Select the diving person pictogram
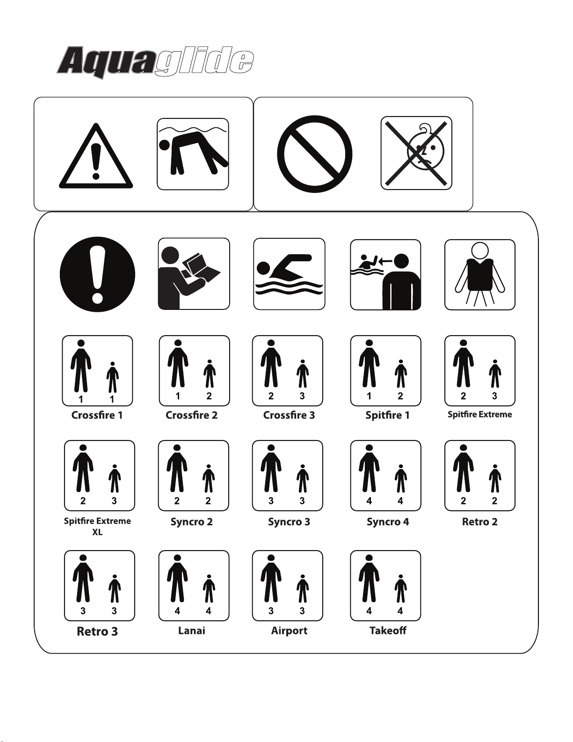pyautogui.click(x=193, y=154)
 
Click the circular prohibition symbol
pyautogui.click(x=314, y=154)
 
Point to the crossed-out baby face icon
pyautogui.click(x=416, y=153)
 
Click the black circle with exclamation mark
pyautogui.click(x=98, y=274)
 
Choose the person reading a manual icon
pyautogui.click(x=194, y=274)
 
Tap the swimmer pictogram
pyautogui.click(x=289, y=274)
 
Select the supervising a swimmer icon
pyautogui.click(x=385, y=275)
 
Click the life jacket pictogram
pyautogui.click(x=480, y=274)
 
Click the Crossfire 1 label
pyautogui.click(x=97, y=415)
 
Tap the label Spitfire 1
pyautogui.click(x=387, y=415)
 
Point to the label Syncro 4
pyautogui.click(x=388, y=522)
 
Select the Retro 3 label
pyautogui.click(x=97, y=632)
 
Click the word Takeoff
pyautogui.click(x=388, y=630)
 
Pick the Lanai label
pyautogui.click(x=192, y=630)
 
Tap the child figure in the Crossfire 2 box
pyautogui.click(x=210, y=374)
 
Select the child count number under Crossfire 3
pyautogui.click(x=302, y=396)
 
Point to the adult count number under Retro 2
pyautogui.click(x=463, y=501)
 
